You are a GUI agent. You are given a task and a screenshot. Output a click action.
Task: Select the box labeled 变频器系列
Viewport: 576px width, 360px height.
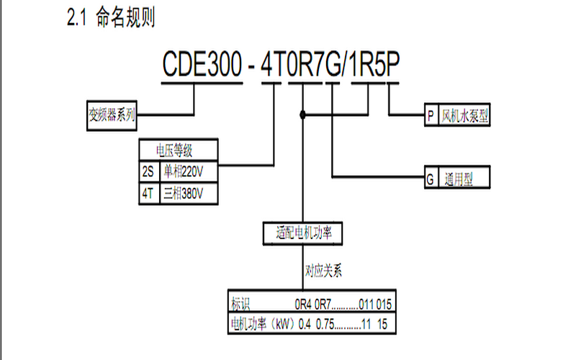[112, 114]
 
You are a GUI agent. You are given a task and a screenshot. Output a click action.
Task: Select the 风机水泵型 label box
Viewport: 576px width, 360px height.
[465, 114]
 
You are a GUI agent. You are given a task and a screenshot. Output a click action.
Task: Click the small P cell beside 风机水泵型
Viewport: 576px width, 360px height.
[431, 114]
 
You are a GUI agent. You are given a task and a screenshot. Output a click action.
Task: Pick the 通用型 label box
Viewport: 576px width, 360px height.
[464, 177]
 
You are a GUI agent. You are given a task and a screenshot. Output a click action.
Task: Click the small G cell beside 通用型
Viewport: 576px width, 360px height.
[431, 177]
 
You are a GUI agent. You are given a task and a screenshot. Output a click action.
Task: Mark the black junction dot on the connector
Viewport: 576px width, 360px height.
[303, 114]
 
